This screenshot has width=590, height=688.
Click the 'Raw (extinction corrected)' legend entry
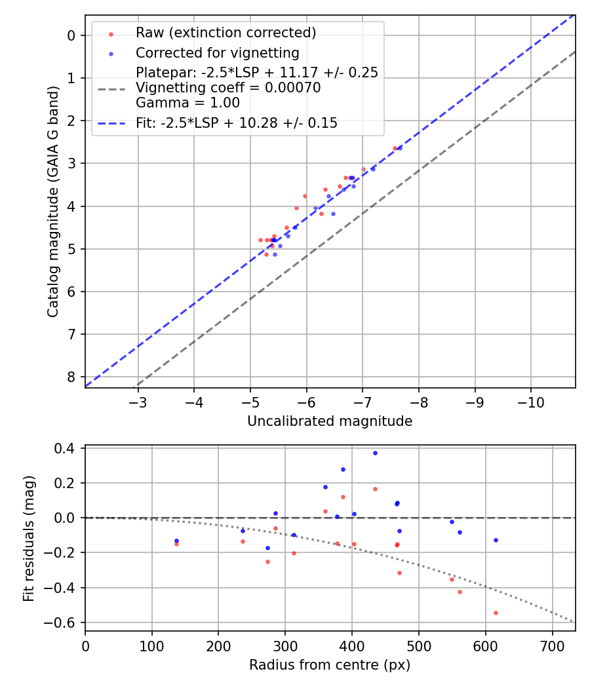point(226,33)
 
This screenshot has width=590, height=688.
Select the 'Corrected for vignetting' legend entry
point(217,53)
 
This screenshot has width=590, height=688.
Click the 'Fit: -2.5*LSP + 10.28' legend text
point(237,123)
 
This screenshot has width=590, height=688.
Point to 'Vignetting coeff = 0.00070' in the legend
point(228,88)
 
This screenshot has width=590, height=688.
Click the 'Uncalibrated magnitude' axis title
point(330,421)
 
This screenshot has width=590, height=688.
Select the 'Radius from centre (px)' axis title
point(330,665)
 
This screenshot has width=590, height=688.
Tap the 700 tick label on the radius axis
point(552,646)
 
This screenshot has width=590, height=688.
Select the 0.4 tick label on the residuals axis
point(68,449)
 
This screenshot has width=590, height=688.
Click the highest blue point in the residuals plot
point(375,453)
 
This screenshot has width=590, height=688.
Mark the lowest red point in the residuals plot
point(496,613)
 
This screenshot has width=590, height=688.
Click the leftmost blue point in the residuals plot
point(176,541)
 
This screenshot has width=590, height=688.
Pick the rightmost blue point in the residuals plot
point(496,540)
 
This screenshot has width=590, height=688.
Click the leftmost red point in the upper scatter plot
point(260,240)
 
